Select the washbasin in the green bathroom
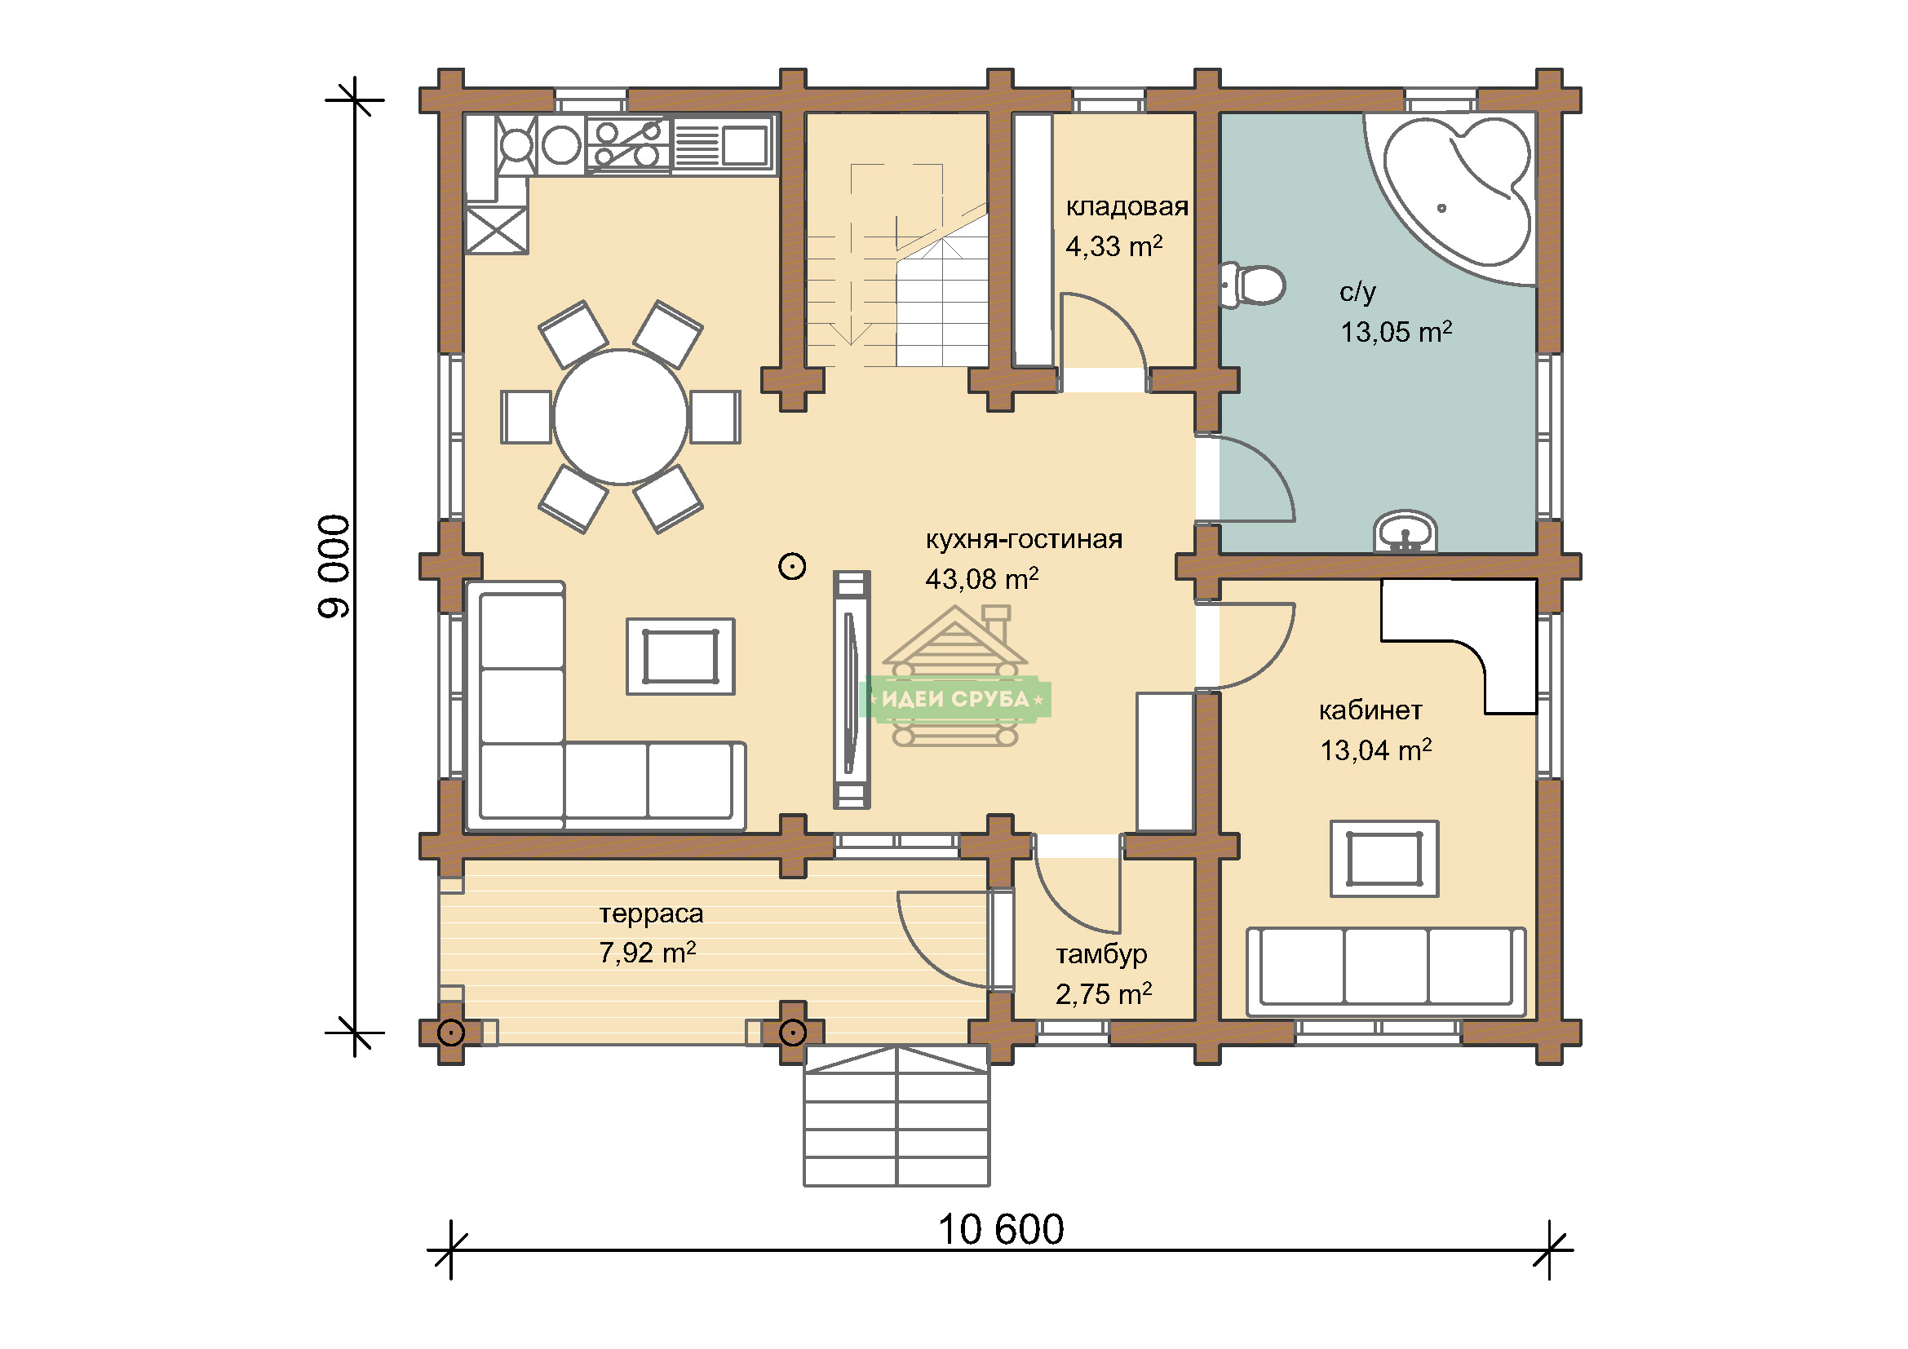coord(1405,532)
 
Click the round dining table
coord(621,416)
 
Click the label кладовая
coord(1127,206)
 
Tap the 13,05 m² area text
coord(1396,331)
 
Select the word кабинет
coord(1370,710)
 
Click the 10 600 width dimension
coord(1001,1229)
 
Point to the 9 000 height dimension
coord(335,566)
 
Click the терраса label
coord(652,913)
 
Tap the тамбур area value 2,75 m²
coord(1104,993)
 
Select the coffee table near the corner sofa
coord(680,657)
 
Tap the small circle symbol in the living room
coord(792,568)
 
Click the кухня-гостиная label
coord(1024,540)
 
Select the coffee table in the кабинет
coord(1384,859)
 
